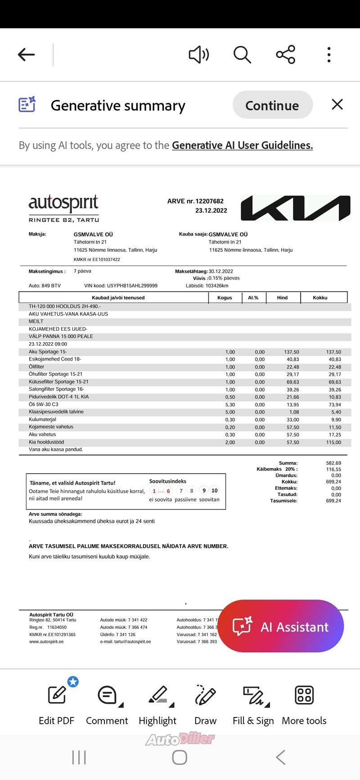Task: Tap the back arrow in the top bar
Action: click(26, 55)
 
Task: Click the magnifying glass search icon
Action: click(242, 55)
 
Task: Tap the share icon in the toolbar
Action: click(286, 55)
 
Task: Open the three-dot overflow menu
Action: click(329, 55)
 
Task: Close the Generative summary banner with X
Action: click(337, 104)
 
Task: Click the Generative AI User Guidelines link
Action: click(242, 145)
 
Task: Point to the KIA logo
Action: click(295, 208)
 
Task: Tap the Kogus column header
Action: click(225, 298)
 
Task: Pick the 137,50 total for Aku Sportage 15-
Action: click(333, 352)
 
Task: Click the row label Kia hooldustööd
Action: click(47, 442)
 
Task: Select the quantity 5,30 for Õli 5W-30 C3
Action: click(230, 405)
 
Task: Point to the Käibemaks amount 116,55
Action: click(333, 469)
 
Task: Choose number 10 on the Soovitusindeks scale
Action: click(215, 491)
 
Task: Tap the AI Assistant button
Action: click(281, 627)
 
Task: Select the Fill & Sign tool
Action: click(253, 704)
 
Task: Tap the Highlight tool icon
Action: click(157, 704)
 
